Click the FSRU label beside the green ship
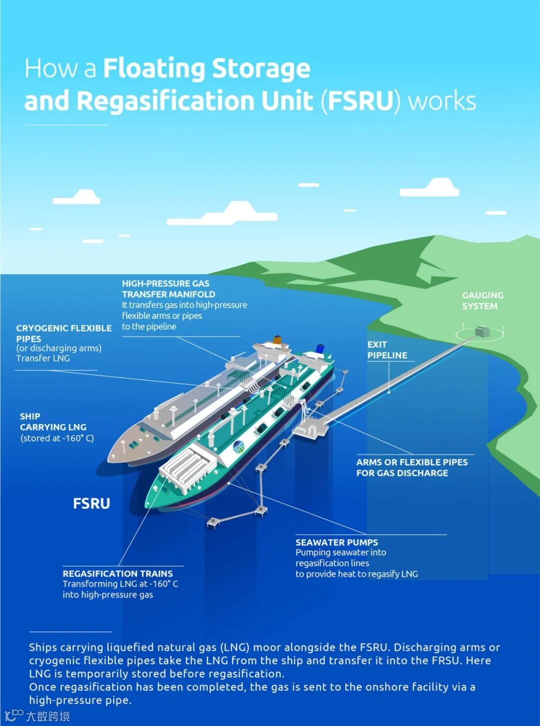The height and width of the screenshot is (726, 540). (91, 503)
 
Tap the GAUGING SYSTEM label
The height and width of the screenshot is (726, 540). (482, 301)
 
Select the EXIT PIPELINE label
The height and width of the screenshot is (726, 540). (387, 350)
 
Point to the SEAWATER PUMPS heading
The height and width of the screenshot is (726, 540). (336, 542)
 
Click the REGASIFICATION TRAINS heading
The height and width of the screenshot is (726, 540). (117, 573)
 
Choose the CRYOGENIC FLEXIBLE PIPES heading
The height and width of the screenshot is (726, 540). (63, 333)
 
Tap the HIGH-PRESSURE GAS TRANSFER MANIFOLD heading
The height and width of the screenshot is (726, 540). (168, 289)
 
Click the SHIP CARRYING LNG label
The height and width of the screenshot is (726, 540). (53, 422)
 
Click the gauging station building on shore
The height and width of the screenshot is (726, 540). (482, 331)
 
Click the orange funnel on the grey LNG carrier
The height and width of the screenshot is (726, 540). (277, 340)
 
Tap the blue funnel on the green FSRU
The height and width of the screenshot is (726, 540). (319, 348)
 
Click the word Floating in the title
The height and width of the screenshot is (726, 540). (154, 69)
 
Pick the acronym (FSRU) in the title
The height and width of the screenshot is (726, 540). (360, 101)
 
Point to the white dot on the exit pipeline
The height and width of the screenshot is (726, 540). (389, 392)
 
